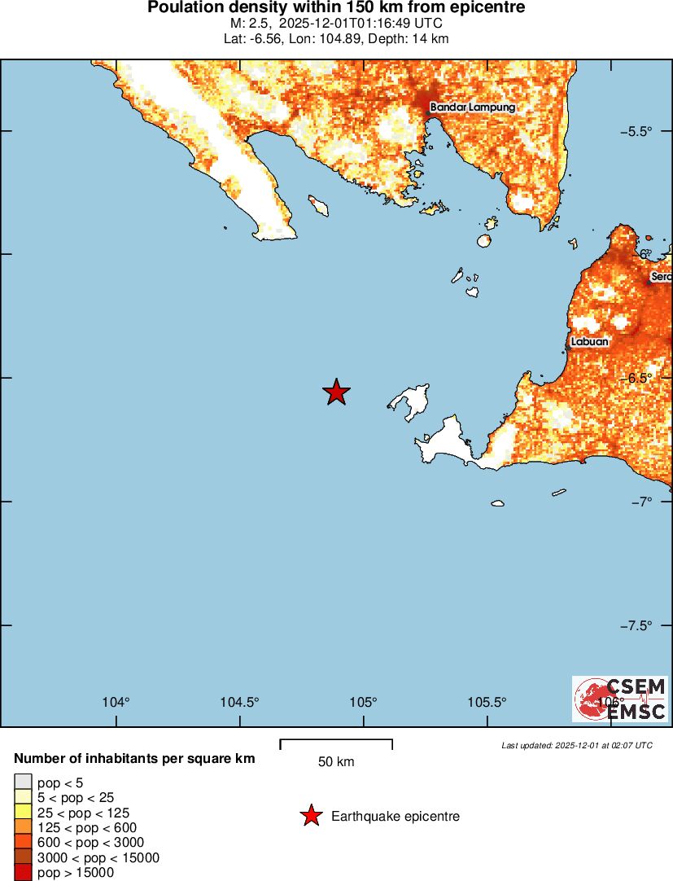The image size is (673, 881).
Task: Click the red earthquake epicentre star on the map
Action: (x=336, y=392)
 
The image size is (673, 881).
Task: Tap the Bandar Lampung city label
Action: (x=472, y=107)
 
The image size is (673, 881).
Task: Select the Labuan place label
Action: (x=589, y=342)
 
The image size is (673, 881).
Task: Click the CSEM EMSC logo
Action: (x=620, y=699)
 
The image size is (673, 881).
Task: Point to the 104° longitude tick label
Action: (x=116, y=703)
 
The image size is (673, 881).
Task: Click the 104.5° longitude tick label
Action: (x=240, y=703)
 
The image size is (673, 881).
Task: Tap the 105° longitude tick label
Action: (x=364, y=703)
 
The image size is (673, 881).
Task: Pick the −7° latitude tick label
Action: (x=641, y=502)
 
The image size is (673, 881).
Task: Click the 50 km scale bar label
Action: (x=336, y=762)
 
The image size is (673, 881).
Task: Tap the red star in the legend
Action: (x=311, y=816)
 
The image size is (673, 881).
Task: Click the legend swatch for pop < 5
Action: (x=23, y=783)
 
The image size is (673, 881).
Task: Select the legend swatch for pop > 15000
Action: (x=23, y=873)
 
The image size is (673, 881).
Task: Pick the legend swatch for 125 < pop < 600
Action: (x=23, y=828)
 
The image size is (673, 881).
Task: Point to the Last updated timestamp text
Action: (x=576, y=745)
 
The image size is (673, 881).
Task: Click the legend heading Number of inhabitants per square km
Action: (x=134, y=759)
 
